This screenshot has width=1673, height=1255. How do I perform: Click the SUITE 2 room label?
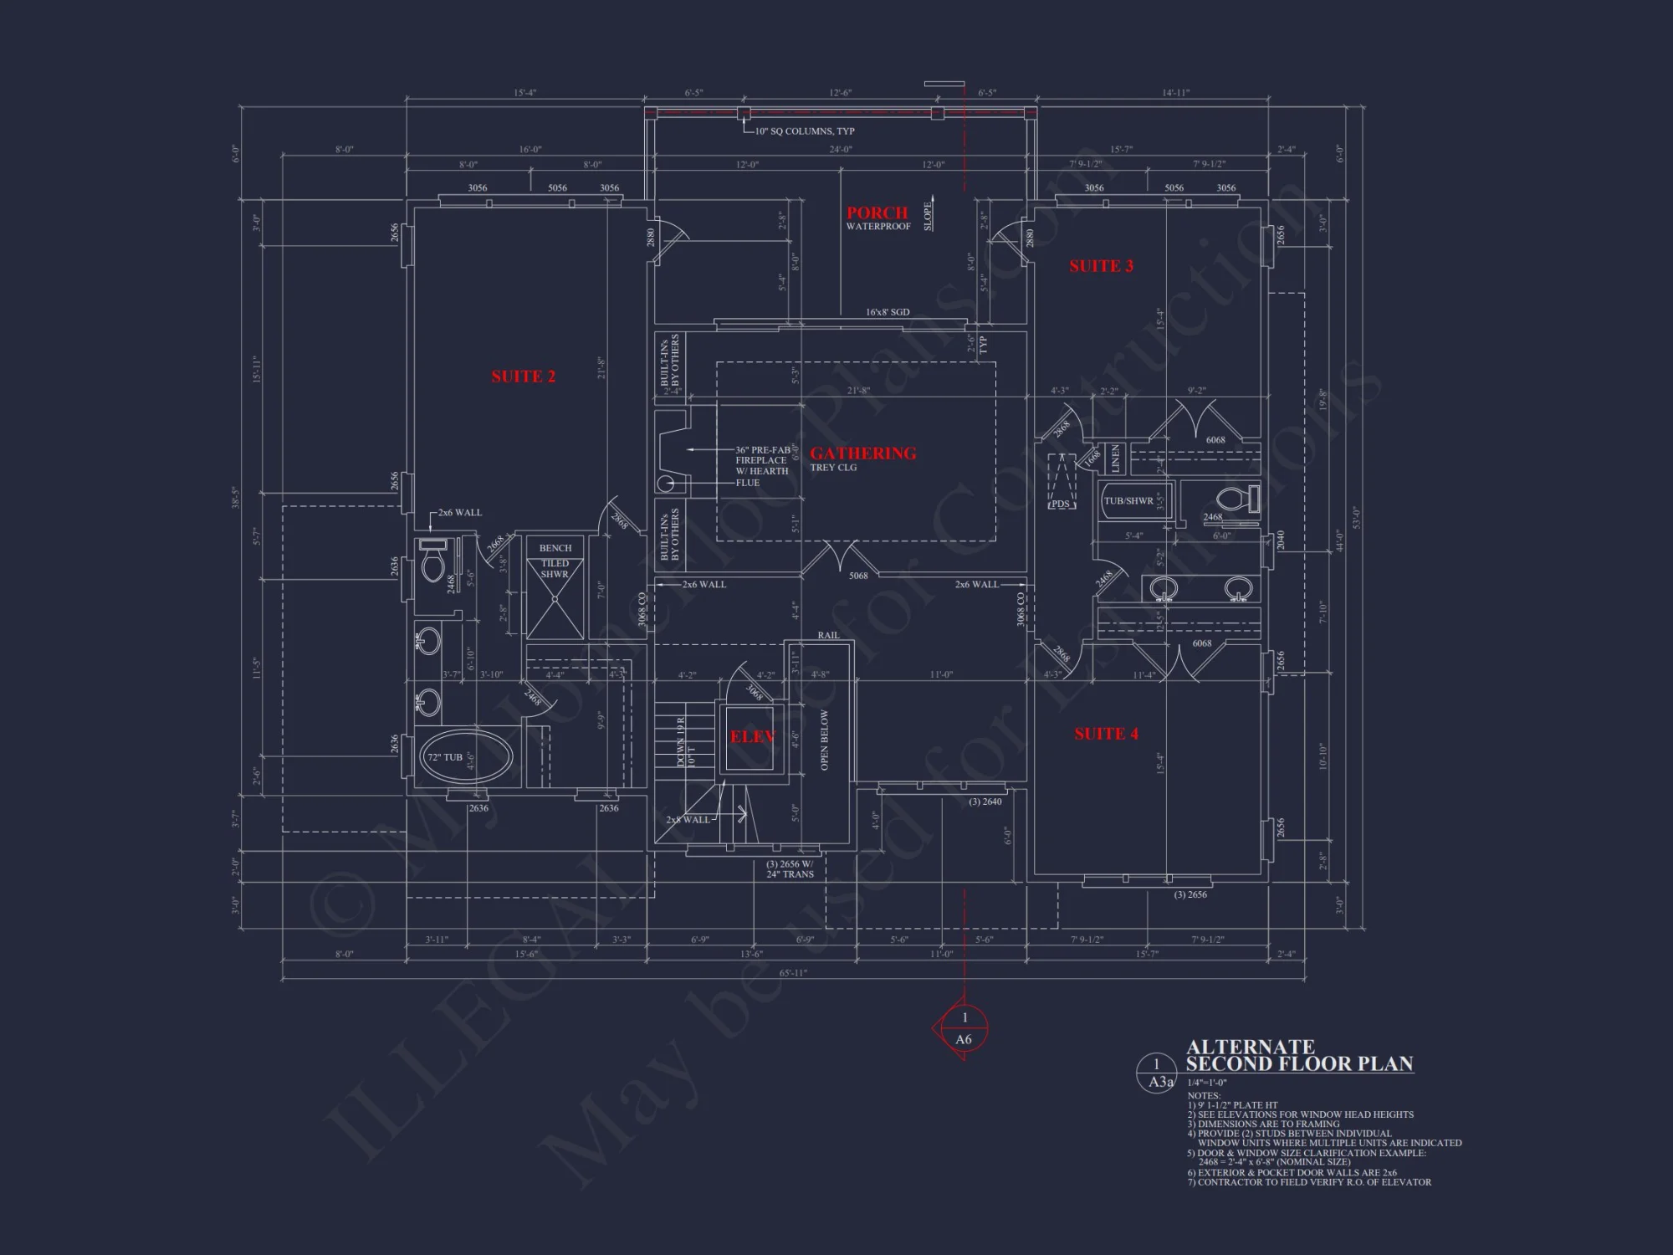tap(523, 376)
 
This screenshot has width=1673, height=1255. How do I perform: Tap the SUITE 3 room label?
tap(1101, 266)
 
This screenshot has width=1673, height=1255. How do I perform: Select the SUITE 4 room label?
tap(1106, 734)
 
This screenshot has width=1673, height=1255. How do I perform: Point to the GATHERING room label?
tap(862, 453)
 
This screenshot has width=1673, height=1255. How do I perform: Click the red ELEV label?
tap(752, 736)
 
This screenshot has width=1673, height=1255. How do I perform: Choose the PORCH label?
tap(877, 213)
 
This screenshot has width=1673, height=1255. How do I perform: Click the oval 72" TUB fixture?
tap(465, 756)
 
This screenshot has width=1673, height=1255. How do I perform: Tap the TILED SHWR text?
tap(555, 569)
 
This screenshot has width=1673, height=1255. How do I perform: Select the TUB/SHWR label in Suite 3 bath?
tap(1128, 501)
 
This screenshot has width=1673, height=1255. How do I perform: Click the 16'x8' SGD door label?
tap(887, 312)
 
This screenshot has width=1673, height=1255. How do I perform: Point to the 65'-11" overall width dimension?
tap(793, 973)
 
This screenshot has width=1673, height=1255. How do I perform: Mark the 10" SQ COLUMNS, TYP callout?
tap(804, 131)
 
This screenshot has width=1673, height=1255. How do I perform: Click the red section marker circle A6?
tap(964, 1029)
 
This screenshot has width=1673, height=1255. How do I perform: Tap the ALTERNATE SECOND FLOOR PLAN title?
tap(1298, 1056)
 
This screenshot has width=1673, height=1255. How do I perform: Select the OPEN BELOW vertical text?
tap(825, 740)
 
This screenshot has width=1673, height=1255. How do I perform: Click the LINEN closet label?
tap(1115, 458)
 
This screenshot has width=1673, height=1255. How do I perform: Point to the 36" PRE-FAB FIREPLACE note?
tap(762, 466)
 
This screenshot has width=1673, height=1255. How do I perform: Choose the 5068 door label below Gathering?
tap(858, 576)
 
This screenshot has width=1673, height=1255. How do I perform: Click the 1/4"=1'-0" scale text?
tap(1207, 1083)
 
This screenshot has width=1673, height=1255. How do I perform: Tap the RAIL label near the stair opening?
tap(828, 635)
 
